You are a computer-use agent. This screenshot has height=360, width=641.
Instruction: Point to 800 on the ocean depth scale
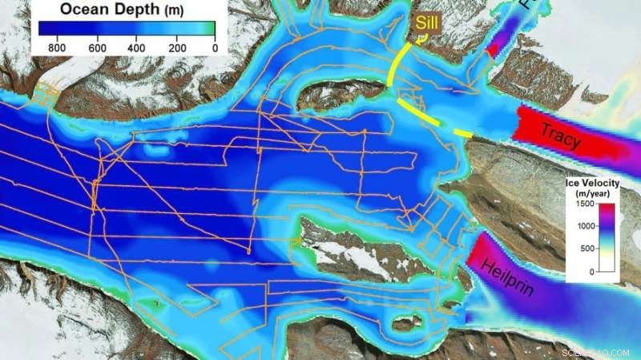pyautogui.click(x=55, y=47)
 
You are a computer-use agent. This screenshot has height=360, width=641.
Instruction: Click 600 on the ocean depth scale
pyautogui.click(x=97, y=47)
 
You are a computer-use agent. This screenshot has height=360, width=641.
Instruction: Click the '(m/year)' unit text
pyautogui.click(x=594, y=194)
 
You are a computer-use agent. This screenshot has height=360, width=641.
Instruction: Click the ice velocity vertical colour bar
pyautogui.click(x=606, y=238)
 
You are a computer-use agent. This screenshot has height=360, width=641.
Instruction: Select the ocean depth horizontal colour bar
pyautogui.click(x=127, y=29)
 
